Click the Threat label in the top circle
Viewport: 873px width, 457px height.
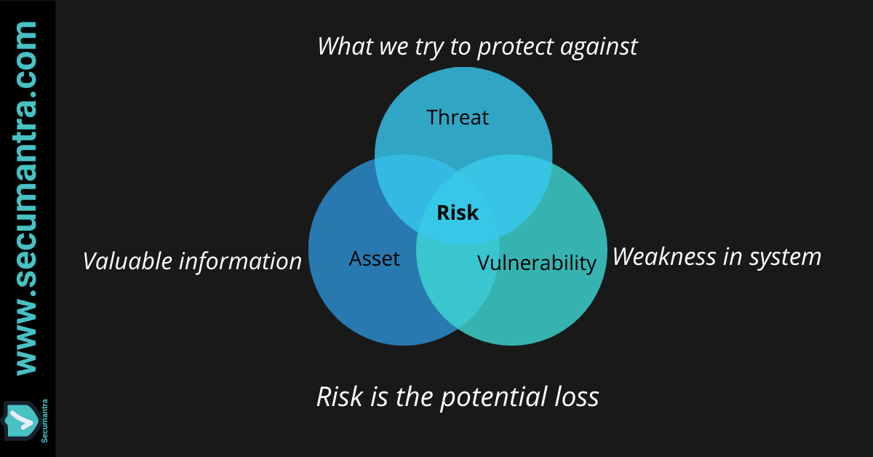point(458,117)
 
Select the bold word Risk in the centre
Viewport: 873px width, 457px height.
point(458,212)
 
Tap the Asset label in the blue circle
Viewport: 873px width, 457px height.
point(374,258)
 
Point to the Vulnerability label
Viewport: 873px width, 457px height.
point(537,263)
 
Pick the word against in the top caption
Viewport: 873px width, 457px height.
point(599,47)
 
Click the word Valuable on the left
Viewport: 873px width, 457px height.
point(127,261)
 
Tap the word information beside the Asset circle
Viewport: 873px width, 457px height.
point(240,261)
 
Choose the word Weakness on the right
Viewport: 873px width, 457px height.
point(664,257)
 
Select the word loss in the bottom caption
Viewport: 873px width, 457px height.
point(577,397)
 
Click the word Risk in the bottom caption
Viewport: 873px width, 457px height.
point(340,397)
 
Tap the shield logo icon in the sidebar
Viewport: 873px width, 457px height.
point(21,421)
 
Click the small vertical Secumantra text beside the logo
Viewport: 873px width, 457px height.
point(44,421)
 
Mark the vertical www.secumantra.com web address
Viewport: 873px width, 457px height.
point(26,199)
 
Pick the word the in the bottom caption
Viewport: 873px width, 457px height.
point(414,397)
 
